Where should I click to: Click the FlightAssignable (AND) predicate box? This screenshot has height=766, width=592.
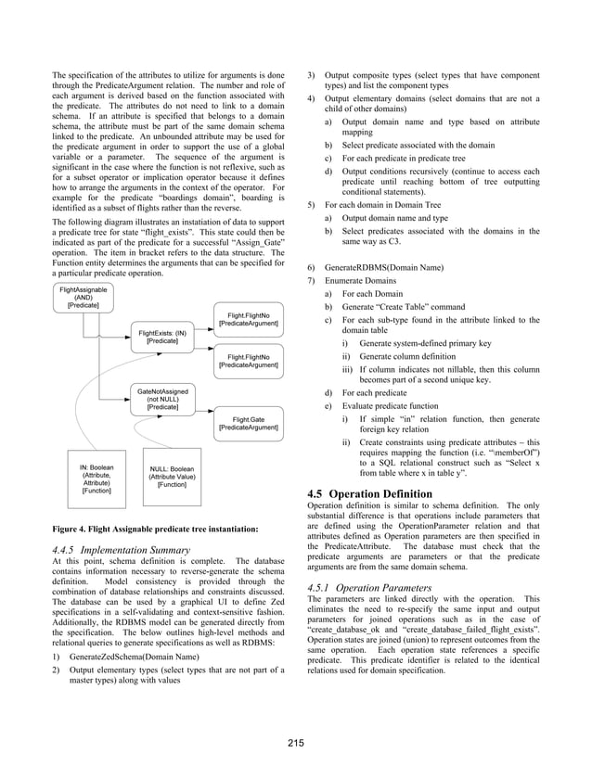(x=83, y=298)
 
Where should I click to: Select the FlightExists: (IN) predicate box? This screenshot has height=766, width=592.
(x=162, y=337)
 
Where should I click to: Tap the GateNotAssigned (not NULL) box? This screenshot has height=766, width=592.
(x=162, y=399)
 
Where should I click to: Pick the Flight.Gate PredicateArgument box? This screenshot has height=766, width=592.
(x=248, y=424)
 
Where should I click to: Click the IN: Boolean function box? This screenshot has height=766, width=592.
(x=96, y=479)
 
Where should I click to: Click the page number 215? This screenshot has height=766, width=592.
(x=295, y=741)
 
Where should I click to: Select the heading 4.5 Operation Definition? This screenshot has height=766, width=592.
(x=368, y=493)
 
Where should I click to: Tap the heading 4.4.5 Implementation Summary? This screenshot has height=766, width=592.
(x=122, y=550)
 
